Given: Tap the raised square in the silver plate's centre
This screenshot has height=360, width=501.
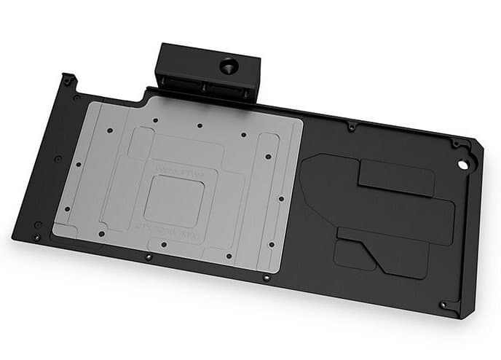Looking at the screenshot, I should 174,200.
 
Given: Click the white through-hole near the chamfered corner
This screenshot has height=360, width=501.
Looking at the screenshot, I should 460,164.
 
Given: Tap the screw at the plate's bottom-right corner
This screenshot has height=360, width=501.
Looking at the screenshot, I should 442,305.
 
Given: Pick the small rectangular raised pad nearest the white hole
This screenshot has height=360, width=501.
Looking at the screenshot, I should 396,177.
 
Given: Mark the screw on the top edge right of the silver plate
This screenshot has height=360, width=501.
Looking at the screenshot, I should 352,128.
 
